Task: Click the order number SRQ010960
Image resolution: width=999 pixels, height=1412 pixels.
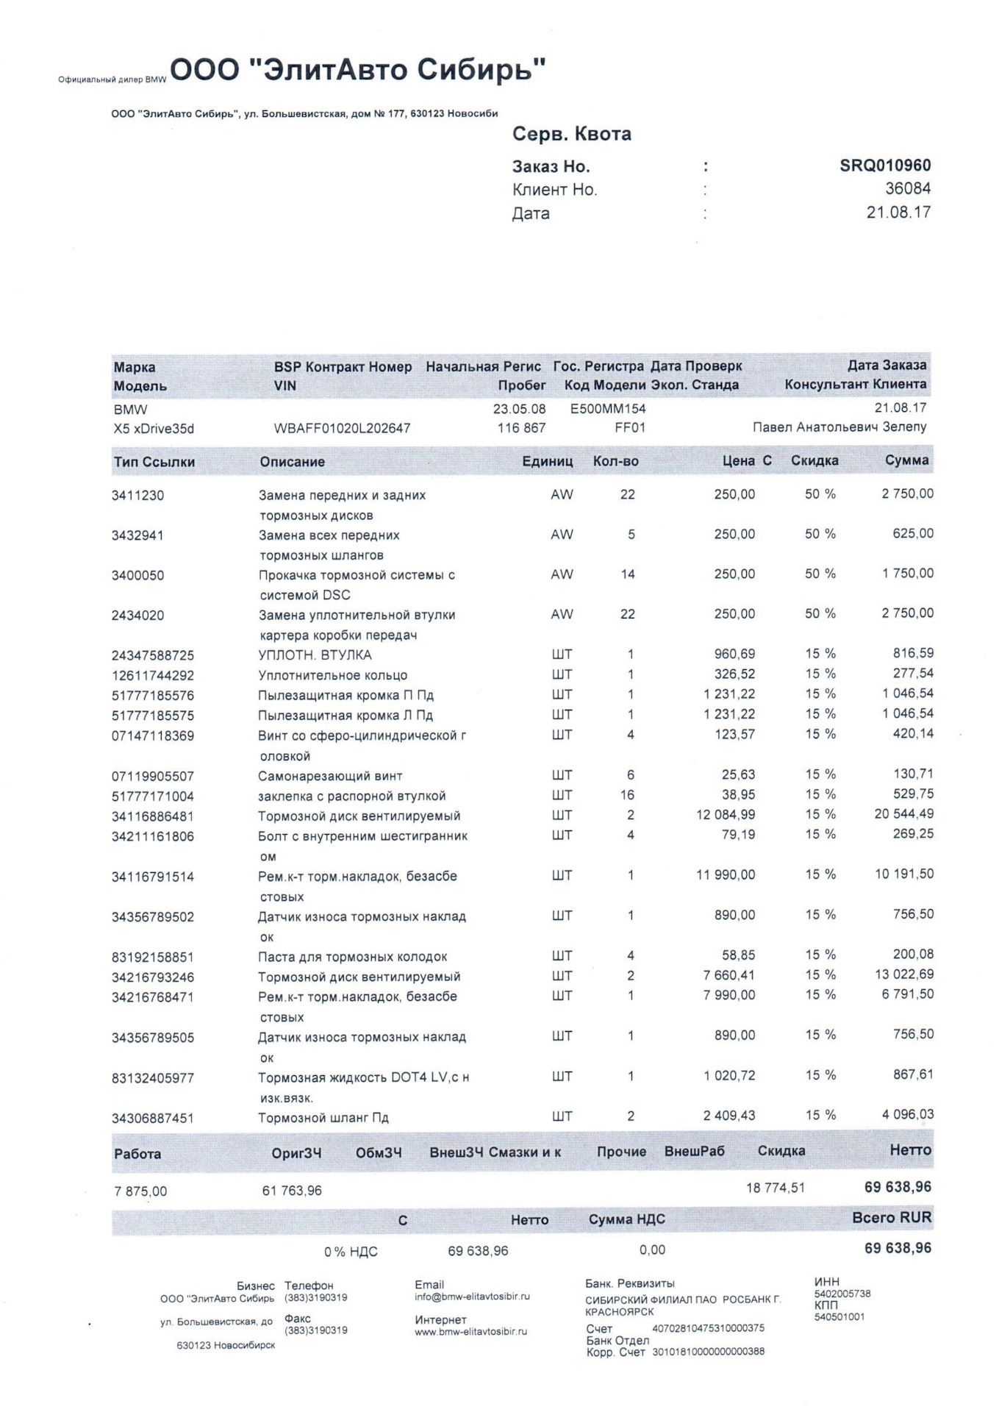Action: tap(885, 165)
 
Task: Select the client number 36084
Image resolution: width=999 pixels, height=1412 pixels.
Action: tap(907, 189)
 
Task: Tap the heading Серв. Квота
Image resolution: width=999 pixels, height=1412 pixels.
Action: tap(571, 134)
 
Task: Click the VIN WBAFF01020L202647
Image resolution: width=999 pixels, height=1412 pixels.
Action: tap(342, 428)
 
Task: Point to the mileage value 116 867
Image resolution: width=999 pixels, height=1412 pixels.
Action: tap(521, 428)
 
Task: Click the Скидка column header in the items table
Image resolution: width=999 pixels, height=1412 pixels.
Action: tap(814, 461)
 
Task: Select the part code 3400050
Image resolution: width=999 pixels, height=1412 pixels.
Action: tap(137, 575)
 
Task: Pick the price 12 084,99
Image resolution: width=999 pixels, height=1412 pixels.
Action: tap(725, 815)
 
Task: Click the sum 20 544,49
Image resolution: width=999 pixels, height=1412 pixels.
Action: tap(903, 814)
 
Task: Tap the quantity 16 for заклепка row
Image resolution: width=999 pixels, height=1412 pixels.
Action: tap(627, 795)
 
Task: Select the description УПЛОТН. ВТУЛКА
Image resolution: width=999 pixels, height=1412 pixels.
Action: tap(315, 655)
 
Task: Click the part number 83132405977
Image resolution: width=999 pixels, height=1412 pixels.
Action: tap(153, 1078)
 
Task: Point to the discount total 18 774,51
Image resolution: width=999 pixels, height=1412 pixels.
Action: tap(776, 1188)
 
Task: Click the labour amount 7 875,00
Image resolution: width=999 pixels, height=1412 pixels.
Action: tap(140, 1191)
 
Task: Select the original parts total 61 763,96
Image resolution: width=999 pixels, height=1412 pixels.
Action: tap(292, 1191)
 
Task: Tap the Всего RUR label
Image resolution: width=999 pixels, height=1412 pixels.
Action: tap(891, 1218)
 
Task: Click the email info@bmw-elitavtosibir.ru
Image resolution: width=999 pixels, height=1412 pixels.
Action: tap(472, 1297)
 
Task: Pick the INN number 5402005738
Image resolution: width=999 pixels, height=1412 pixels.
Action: tap(842, 1294)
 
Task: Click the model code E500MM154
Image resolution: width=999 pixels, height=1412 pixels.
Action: tap(608, 409)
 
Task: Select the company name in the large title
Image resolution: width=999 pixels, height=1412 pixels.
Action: tap(358, 71)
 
